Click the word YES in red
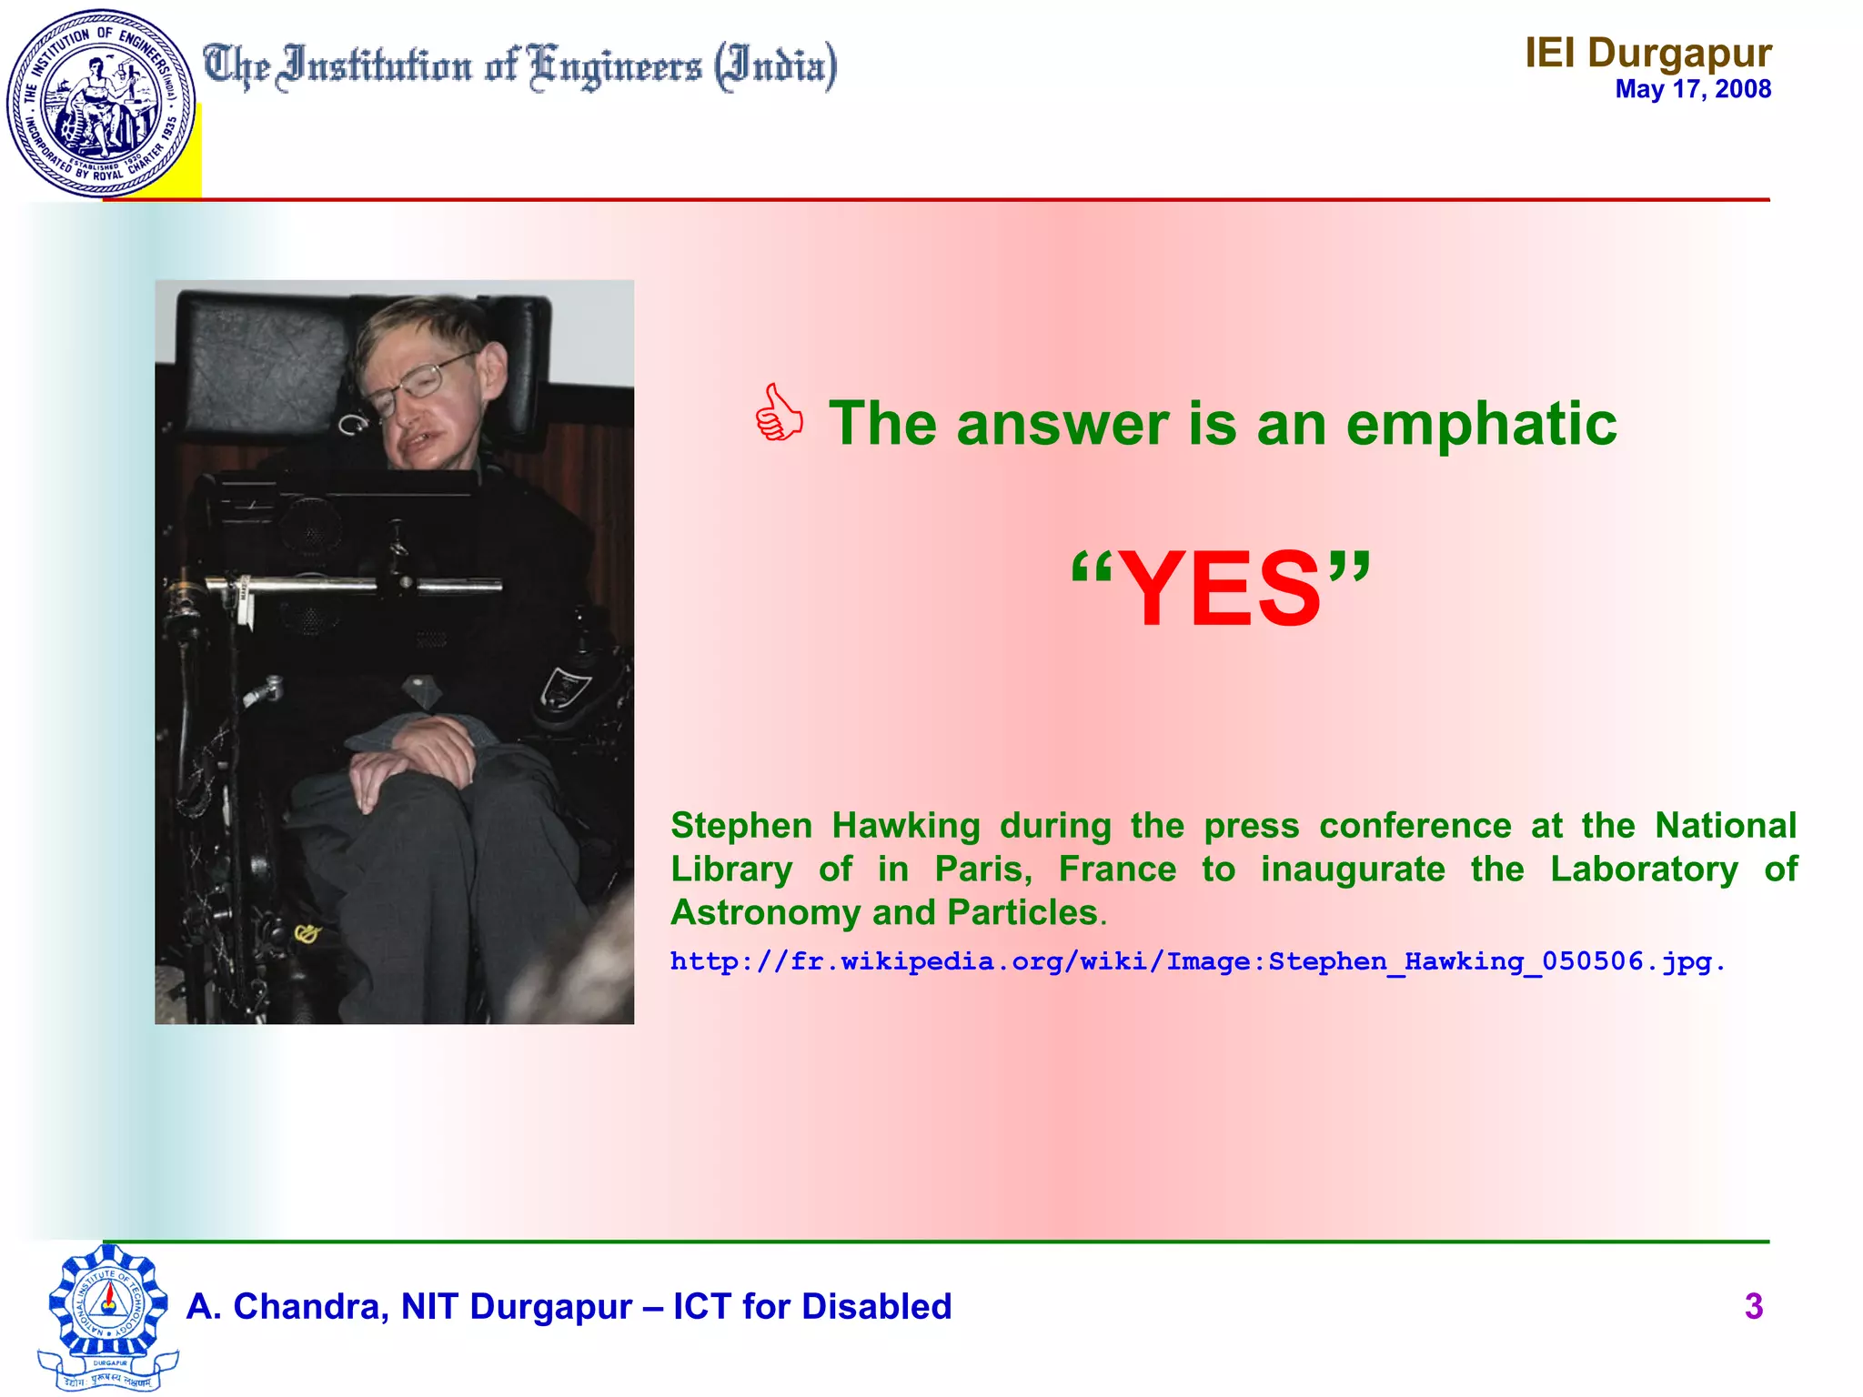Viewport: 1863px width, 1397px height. coord(1220,589)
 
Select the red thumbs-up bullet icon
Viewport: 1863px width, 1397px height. coord(779,414)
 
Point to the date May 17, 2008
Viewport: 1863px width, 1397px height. coord(1692,89)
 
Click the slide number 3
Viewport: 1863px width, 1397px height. coord(1754,1306)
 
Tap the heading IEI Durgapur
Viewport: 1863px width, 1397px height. coord(1647,53)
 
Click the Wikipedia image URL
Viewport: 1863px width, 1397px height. coord(1196,961)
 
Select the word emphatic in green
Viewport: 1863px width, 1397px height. coord(1481,424)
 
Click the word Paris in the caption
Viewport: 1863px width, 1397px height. coord(982,869)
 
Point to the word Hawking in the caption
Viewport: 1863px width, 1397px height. coord(906,826)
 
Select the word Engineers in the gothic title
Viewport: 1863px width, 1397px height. coord(616,67)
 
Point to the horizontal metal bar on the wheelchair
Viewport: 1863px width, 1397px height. coord(355,586)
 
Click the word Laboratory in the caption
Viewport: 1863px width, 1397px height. coord(1644,869)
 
